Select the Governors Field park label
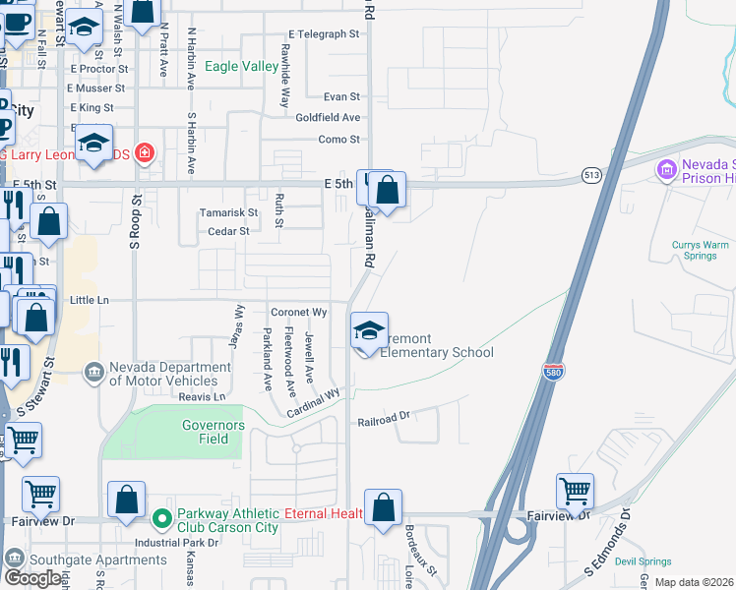click(x=213, y=432)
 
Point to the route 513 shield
click(x=590, y=174)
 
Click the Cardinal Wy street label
click(x=313, y=405)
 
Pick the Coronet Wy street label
click(x=298, y=312)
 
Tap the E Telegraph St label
click(x=324, y=33)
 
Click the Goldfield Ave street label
click(x=328, y=118)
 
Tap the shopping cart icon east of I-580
click(x=575, y=491)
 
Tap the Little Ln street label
click(x=90, y=301)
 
